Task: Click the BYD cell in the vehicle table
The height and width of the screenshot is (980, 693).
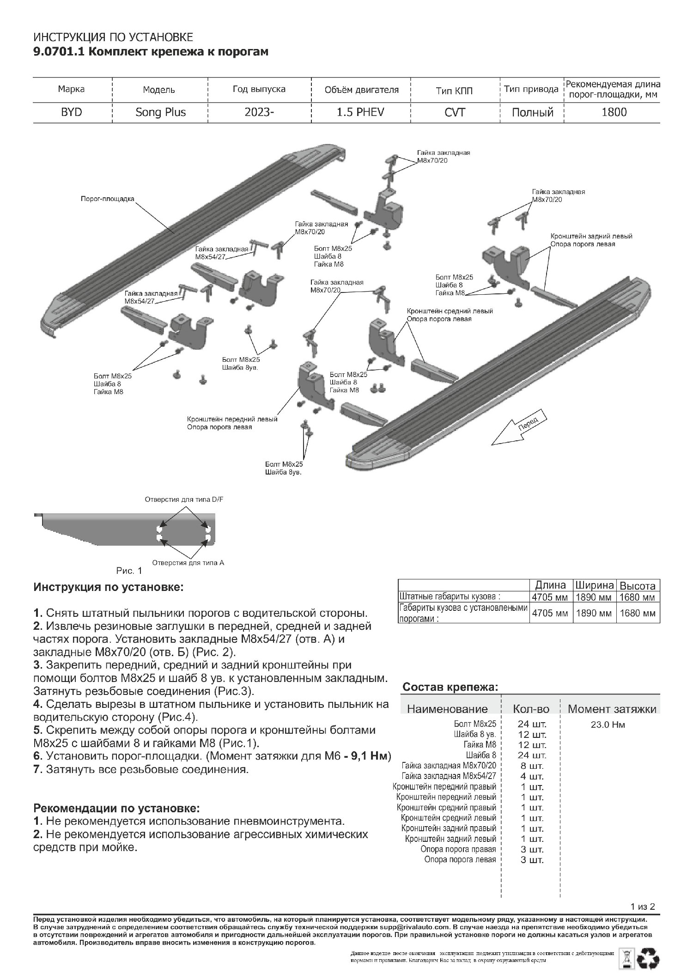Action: [72, 112]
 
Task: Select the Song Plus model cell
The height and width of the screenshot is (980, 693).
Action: [160, 112]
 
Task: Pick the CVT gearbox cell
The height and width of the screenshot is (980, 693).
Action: [455, 112]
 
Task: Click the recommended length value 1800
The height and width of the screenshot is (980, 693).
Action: [614, 112]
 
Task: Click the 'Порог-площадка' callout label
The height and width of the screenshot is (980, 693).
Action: [107, 199]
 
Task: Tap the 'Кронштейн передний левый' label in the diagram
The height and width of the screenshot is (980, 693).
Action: [232, 419]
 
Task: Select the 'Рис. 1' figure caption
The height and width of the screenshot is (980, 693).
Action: [129, 571]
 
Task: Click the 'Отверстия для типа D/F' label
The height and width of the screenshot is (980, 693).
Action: [184, 499]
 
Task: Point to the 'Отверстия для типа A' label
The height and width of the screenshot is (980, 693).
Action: [188, 563]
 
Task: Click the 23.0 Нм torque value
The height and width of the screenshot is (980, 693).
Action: [608, 724]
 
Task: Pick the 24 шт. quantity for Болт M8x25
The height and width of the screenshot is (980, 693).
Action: [532, 724]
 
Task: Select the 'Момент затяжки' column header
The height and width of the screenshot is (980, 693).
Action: [612, 709]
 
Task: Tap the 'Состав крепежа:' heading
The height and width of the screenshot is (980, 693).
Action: [450, 687]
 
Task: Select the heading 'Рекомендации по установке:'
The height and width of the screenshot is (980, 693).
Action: [117, 809]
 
